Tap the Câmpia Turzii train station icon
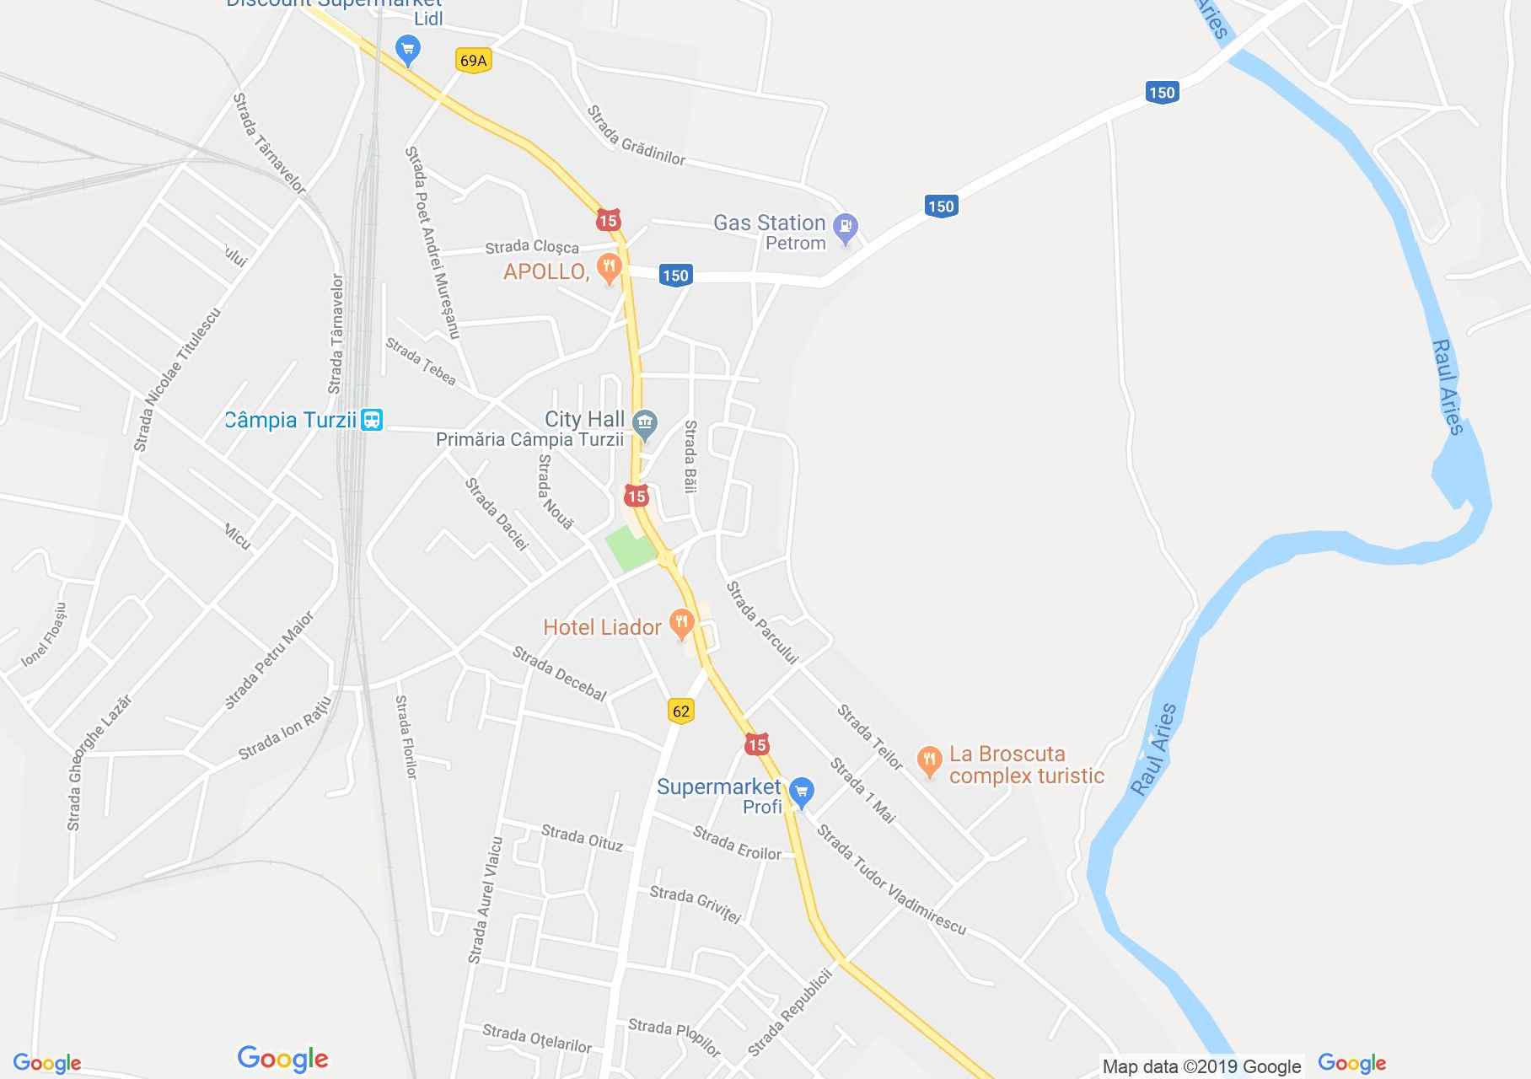click(372, 420)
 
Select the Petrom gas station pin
click(845, 228)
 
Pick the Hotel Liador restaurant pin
click(681, 625)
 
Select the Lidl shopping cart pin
click(408, 50)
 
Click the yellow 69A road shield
click(473, 61)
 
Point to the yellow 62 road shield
click(680, 711)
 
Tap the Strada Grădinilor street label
click(636, 136)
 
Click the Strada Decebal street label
click(559, 674)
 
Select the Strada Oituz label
click(582, 838)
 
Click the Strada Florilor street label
click(406, 737)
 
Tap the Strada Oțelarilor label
click(537, 1039)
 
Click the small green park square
click(631, 547)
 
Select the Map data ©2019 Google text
click(1201, 1066)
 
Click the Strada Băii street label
click(690, 456)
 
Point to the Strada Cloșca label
click(532, 247)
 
